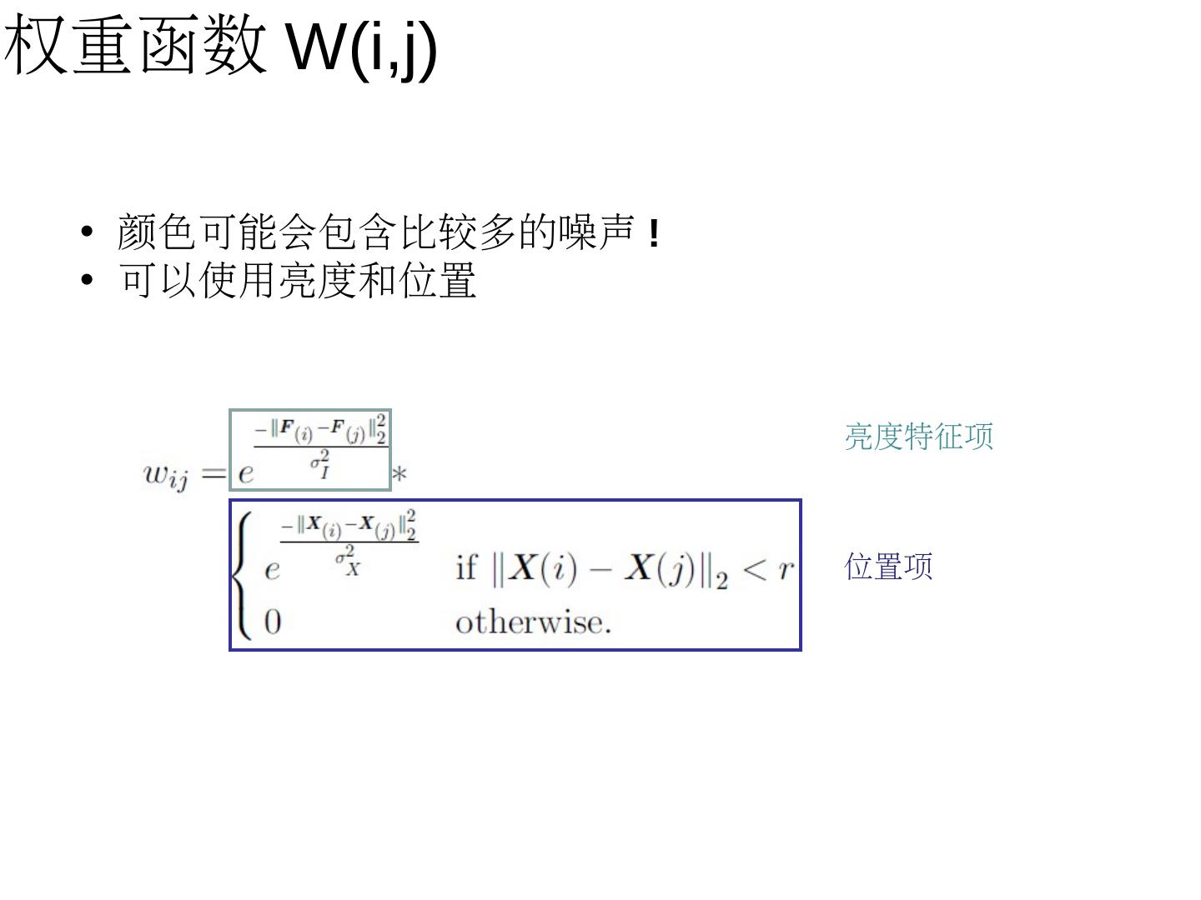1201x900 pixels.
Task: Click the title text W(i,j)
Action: click(361, 47)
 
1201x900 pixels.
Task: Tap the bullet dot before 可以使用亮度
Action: click(88, 280)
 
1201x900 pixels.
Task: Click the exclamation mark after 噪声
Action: click(654, 233)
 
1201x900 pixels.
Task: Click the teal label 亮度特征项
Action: click(918, 436)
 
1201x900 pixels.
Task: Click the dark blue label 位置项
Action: click(888, 566)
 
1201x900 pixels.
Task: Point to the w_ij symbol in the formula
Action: click(166, 475)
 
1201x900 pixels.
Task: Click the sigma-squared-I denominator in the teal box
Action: click(321, 464)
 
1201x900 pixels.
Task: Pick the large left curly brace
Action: click(243, 575)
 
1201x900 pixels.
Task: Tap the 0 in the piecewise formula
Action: click(273, 622)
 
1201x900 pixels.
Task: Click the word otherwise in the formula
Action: click(533, 622)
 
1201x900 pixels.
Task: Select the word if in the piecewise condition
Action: click(465, 568)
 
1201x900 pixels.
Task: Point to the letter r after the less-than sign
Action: click(785, 568)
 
